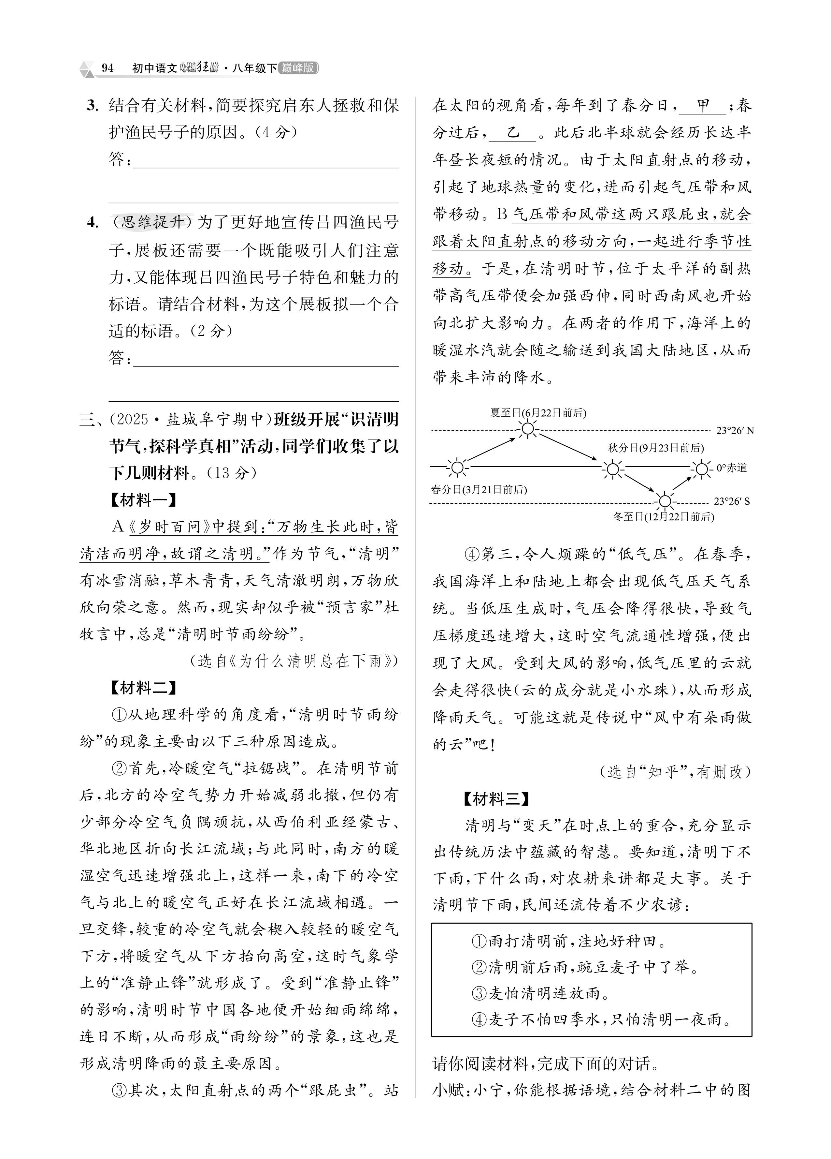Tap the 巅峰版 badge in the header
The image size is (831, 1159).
tap(298, 68)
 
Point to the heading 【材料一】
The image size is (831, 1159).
tap(143, 499)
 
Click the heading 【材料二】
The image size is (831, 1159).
tap(143, 687)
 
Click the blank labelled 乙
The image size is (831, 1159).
tap(513, 133)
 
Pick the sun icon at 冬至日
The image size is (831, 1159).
tap(665, 501)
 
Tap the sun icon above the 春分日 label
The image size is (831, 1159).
tap(457, 467)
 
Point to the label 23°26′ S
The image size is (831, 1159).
tap(732, 501)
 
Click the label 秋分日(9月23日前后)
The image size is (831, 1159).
tap(655, 448)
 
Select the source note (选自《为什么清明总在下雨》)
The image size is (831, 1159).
tap(294, 661)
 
